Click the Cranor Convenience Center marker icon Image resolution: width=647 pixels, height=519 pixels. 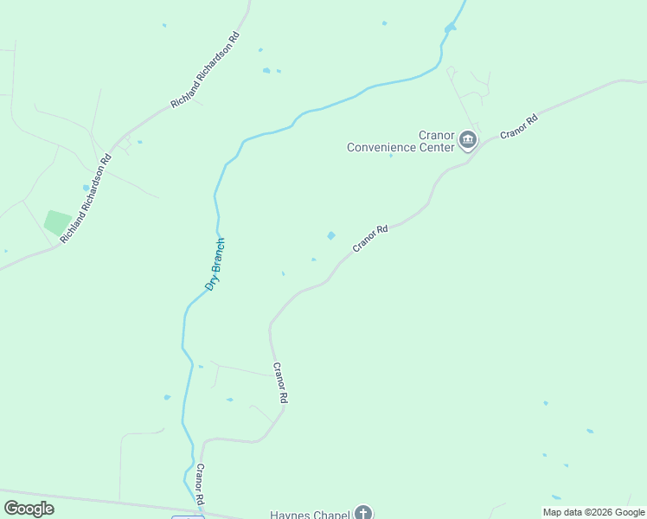point(468,140)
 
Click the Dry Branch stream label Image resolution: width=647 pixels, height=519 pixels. point(215,263)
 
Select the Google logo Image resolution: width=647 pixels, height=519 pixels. point(29,509)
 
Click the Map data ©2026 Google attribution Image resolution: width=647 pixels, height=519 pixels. point(593,512)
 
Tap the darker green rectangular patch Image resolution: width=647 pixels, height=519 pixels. point(58,223)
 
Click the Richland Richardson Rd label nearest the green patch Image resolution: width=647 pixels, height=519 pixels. point(86,199)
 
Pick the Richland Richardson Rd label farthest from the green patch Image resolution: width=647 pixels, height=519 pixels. point(205,71)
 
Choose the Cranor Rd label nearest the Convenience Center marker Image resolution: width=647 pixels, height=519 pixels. point(519,126)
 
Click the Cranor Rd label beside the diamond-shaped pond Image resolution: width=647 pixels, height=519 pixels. point(370,239)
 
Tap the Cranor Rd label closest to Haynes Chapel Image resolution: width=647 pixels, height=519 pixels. point(200,484)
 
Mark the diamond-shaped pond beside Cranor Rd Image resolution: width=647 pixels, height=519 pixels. point(330,235)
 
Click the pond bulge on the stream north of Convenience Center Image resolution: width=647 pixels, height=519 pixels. point(449,29)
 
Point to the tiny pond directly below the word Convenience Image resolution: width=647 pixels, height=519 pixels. point(390,156)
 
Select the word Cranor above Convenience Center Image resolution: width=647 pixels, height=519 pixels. point(437,136)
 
